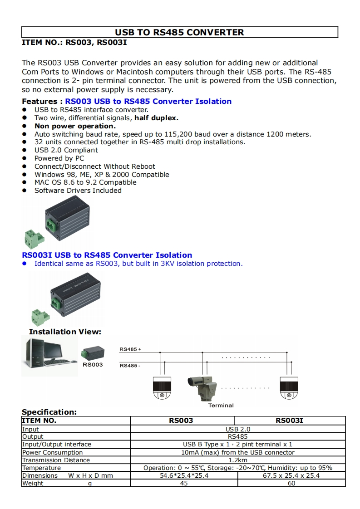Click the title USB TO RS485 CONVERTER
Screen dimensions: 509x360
[x=179, y=32]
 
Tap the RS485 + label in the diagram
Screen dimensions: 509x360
[x=130, y=349]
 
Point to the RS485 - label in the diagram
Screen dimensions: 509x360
[x=130, y=365]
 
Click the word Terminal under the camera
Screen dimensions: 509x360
[x=221, y=405]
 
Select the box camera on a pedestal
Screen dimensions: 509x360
[x=203, y=387]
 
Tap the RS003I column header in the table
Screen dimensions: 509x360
[x=289, y=421]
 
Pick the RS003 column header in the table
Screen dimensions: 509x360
[x=181, y=421]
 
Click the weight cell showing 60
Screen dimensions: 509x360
[x=291, y=483]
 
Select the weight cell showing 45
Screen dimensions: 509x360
[x=184, y=483]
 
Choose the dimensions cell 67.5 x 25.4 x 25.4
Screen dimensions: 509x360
[x=291, y=475]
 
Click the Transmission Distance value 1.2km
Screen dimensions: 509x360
[x=238, y=460]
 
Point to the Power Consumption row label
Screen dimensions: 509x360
[x=53, y=452]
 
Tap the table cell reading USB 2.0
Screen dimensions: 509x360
[x=238, y=429]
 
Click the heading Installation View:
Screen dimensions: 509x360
[x=65, y=332]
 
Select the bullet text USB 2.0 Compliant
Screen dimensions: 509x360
[x=66, y=150]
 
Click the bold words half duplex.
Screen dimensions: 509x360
[x=157, y=118]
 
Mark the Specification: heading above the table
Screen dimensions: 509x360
[x=49, y=412]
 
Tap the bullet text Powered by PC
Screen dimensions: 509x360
[x=59, y=158]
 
